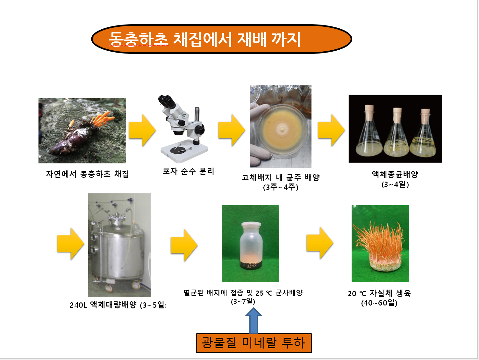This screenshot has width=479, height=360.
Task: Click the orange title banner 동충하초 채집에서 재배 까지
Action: pos(221,39)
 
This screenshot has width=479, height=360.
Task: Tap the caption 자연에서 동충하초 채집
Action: pos(87,174)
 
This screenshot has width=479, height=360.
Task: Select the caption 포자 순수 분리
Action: pos(188,171)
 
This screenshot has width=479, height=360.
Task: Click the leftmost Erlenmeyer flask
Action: pos(369,131)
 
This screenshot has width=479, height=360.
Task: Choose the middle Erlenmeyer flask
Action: pos(396,132)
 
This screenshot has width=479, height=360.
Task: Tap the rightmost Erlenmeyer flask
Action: pos(423,133)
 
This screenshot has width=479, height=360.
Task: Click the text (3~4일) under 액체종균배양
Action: pos(395,184)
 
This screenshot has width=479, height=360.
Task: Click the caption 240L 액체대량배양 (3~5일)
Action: pos(118,305)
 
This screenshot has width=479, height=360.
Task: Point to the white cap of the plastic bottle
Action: pos(251,225)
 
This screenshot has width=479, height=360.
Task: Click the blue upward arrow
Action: pos(254,320)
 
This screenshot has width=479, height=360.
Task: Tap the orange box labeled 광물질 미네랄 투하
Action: pos(254,343)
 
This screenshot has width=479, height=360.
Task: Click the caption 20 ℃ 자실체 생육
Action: pos(379,293)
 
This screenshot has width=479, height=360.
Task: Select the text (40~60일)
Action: pos(379,303)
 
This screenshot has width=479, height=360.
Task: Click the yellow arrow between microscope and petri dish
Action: pos(232,130)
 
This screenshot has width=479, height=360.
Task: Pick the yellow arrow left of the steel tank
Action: pos(70,244)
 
